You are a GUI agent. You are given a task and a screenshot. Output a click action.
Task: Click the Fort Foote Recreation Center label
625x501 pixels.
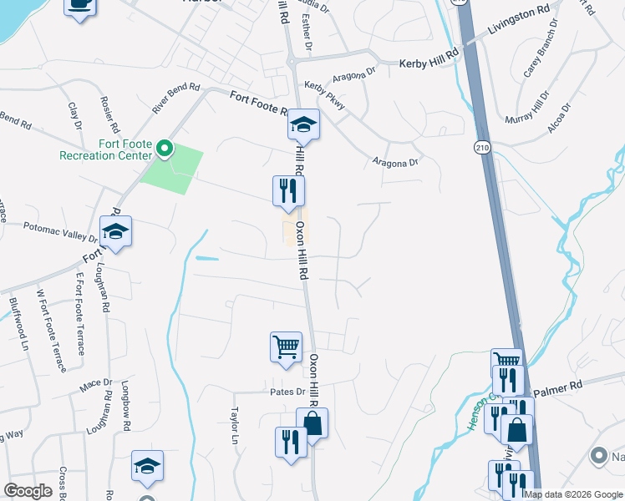tap(105, 149)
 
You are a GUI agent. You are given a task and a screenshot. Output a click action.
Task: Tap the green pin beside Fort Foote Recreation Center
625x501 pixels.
tap(165, 150)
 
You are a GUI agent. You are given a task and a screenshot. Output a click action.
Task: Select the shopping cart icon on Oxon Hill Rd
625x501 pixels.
tap(286, 347)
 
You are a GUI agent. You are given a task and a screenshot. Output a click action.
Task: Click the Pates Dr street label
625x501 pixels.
tap(288, 391)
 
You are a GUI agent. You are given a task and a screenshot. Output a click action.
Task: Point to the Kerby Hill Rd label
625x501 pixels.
tap(429, 63)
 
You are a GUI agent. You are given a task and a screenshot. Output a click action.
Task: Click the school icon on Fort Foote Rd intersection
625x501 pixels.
tap(303, 124)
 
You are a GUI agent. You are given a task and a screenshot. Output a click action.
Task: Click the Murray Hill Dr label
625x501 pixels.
tap(528, 108)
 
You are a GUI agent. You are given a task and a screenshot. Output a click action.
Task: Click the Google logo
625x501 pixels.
tap(28, 491)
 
